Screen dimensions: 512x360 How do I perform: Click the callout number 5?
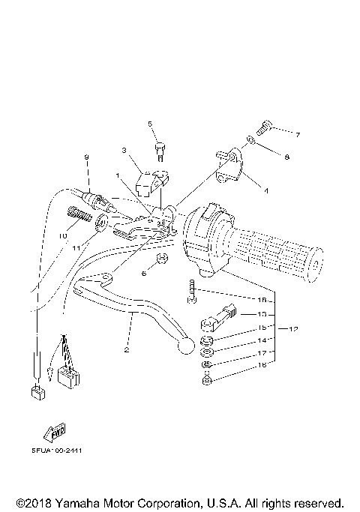[150, 124]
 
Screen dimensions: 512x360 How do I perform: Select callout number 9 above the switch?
[86, 157]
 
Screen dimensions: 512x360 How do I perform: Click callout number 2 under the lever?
[127, 350]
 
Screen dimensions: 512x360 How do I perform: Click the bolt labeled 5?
[159, 152]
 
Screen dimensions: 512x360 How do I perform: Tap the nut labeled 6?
[159, 261]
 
